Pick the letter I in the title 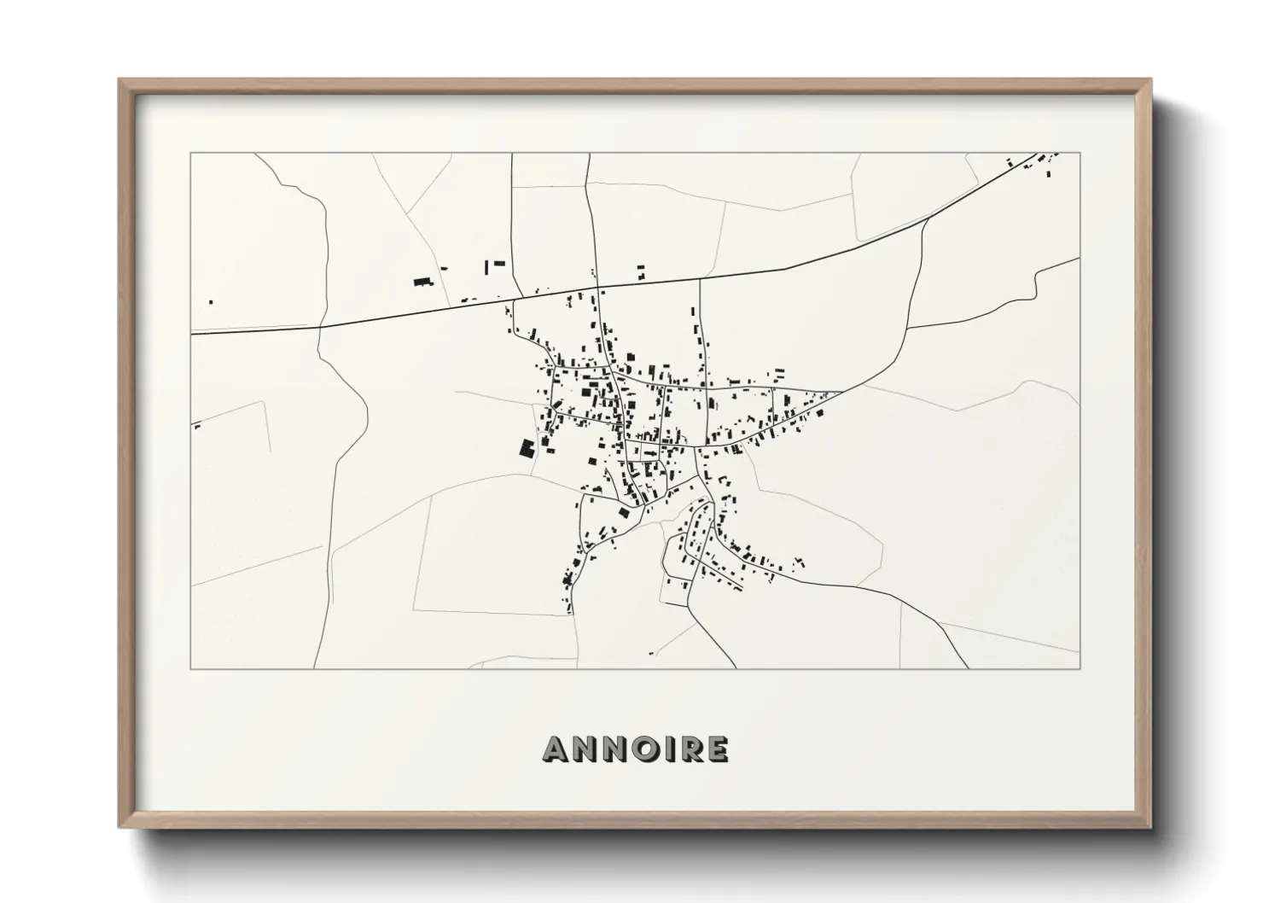(663, 749)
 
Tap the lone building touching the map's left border (196, 425)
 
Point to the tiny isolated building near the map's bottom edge (652, 653)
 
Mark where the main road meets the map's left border (191, 333)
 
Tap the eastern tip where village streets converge (841, 392)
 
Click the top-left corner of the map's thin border (190, 153)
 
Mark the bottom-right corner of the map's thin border (1080, 668)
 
